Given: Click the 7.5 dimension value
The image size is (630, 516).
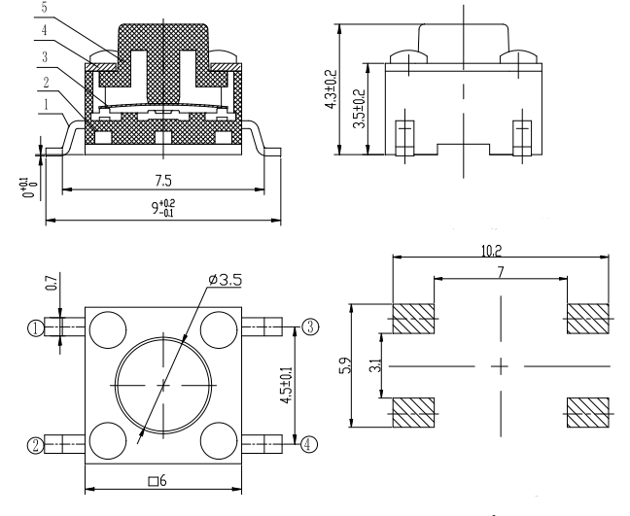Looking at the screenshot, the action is (163, 181).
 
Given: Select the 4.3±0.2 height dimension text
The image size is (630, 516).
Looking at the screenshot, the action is (332, 89).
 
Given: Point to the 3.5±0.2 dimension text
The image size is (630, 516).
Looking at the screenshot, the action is (359, 109).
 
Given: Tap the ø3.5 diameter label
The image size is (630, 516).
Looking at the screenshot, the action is (226, 280).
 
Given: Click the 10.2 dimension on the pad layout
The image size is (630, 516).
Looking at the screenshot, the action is (491, 251).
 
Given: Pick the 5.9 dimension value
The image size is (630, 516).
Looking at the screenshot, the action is (345, 365).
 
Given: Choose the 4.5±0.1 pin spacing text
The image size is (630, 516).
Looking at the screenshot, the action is (287, 385).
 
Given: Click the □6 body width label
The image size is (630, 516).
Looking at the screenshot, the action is (157, 480).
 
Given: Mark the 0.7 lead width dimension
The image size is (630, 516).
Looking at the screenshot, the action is (52, 283).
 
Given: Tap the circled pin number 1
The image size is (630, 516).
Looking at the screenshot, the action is (35, 328).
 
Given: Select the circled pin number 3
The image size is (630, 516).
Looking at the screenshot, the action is (310, 327).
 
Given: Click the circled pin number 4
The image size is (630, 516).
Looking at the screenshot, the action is (308, 444).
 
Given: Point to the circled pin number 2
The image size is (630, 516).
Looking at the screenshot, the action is (35, 445).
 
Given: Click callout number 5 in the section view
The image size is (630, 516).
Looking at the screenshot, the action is (44, 8).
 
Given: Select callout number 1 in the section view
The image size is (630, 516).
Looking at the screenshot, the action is (46, 105).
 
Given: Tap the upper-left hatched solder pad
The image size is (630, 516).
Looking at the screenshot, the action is (413, 319).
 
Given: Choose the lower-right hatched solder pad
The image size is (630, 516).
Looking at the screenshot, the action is (588, 412).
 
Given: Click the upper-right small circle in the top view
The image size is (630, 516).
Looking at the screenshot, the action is (218, 329).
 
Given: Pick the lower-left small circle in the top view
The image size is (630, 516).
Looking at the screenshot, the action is (108, 440).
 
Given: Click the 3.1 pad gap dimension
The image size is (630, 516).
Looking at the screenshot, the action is (375, 365).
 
